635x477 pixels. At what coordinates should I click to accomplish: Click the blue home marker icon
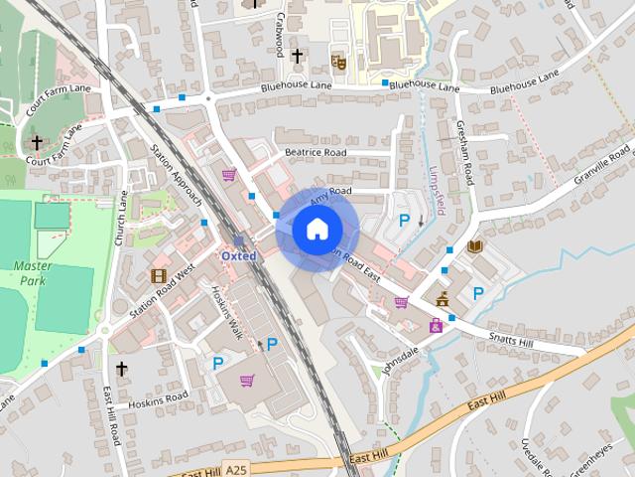[x=317, y=230]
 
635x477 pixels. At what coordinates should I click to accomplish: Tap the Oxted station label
[x=238, y=256]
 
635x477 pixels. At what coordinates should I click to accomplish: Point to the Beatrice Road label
[x=316, y=153]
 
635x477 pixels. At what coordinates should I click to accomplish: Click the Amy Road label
[x=330, y=196]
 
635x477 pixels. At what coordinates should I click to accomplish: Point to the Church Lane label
[x=123, y=218]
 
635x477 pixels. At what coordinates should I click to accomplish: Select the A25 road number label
[x=235, y=469]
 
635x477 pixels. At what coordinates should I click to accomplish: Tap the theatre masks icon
[x=338, y=62]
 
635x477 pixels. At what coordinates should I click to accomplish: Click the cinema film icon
[x=158, y=275]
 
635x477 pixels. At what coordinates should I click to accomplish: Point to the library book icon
[x=474, y=246]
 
